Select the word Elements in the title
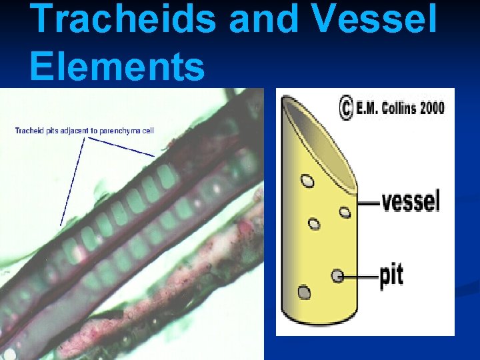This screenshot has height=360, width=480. tap(117, 67)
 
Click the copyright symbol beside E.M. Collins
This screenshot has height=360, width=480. tap(346, 109)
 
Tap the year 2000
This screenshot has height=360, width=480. tap(433, 109)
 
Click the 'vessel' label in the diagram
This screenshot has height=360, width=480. tap(411, 200)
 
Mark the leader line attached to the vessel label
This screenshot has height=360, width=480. tap(368, 202)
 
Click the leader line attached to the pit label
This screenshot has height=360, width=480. tap(360, 275)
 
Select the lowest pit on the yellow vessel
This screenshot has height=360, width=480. tap(304, 293)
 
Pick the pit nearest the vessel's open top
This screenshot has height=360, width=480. tap(307, 180)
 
